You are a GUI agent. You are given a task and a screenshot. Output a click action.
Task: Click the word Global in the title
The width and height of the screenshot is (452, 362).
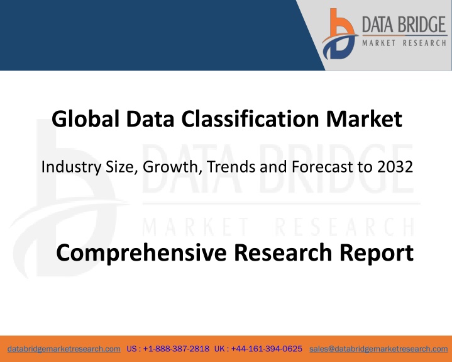85,118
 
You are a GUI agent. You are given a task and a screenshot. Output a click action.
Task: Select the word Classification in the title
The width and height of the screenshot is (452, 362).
250,118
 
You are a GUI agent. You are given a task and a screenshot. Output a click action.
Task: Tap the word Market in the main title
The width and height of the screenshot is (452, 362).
364,118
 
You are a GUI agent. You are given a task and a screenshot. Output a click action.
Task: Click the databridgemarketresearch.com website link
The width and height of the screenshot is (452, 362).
64,349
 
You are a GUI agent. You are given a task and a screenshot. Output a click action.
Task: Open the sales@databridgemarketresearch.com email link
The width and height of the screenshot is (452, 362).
378,349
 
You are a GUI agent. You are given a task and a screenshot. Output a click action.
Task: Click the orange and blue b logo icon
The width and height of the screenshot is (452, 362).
339,35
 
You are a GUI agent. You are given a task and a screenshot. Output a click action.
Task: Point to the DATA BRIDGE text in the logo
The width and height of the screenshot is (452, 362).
404,25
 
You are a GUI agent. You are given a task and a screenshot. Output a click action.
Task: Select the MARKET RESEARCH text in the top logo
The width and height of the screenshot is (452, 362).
404,43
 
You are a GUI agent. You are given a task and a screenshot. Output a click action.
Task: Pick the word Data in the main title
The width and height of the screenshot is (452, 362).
150,118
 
